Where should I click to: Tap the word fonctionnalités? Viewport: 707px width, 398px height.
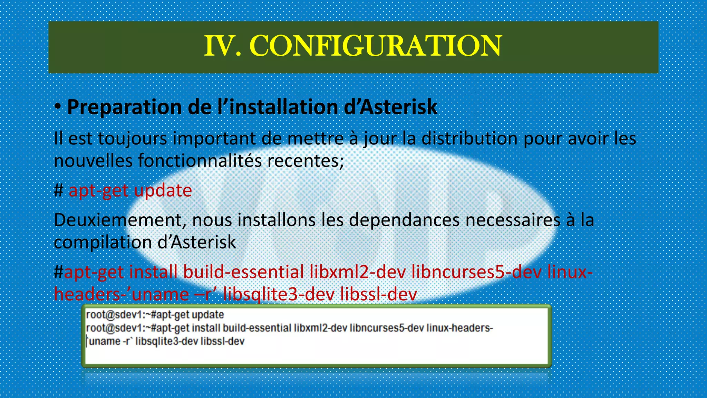[x=200, y=161]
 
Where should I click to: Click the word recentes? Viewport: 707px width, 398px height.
[x=305, y=161]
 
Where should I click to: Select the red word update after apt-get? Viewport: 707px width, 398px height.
[x=163, y=190]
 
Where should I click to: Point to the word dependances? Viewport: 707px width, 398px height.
[x=404, y=220]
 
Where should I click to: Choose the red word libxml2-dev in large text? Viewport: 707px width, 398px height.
[x=357, y=272]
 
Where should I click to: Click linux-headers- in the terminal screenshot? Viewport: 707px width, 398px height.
[x=459, y=328]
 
